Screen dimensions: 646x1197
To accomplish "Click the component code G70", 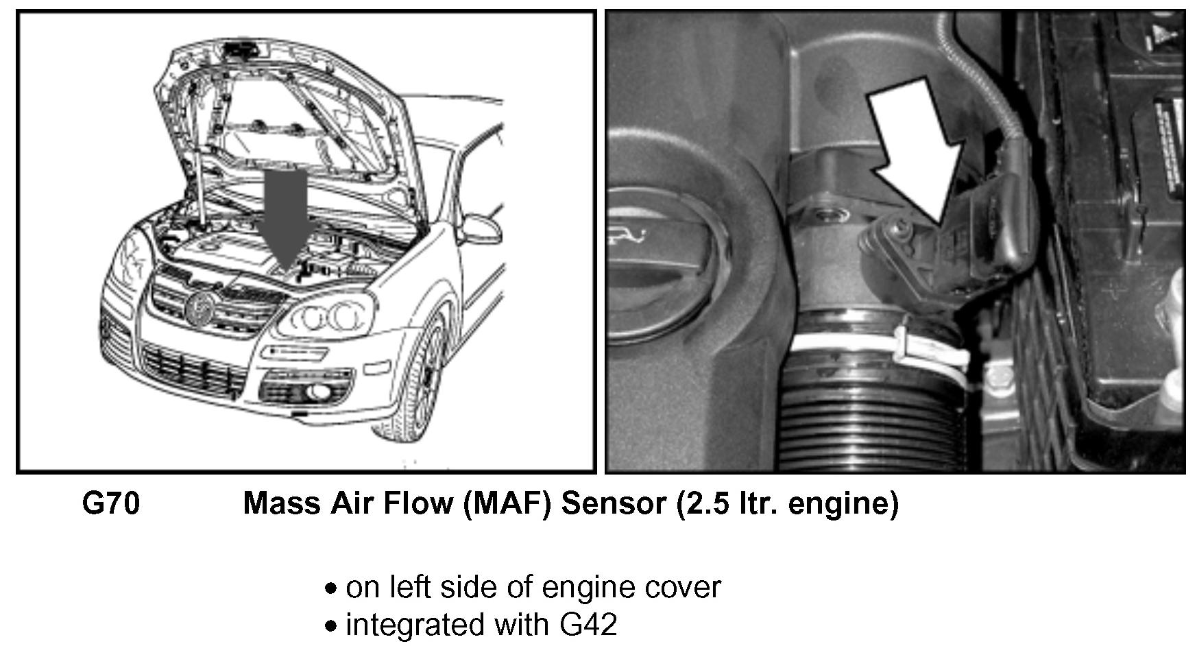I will pos(110,504).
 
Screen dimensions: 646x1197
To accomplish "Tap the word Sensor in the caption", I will pos(613,504).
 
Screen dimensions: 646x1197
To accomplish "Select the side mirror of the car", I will pos(483,228).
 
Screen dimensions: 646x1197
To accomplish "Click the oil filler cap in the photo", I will pos(658,274).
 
